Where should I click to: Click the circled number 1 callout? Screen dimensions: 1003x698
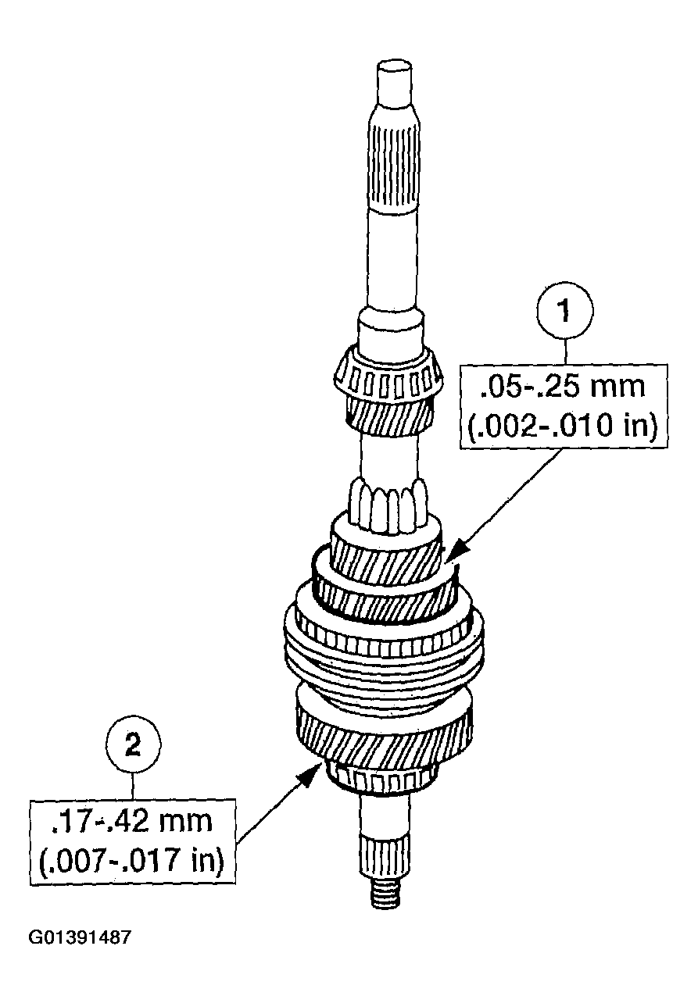(565, 311)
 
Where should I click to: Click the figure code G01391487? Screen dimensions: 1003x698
(80, 937)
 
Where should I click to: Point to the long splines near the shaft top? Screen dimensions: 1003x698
(396, 168)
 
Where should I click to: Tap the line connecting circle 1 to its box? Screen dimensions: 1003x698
(565, 350)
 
